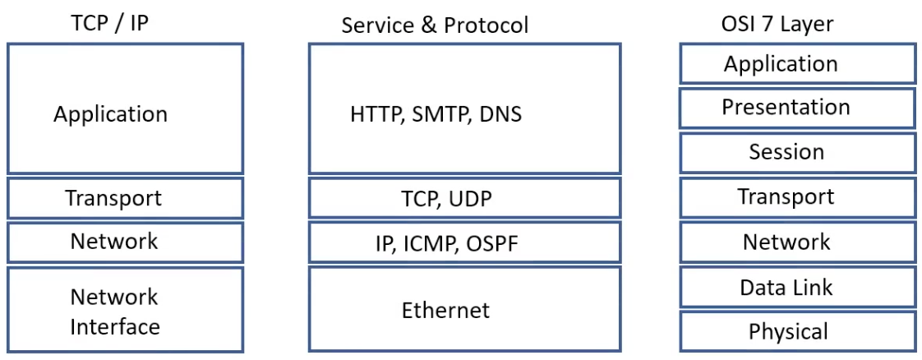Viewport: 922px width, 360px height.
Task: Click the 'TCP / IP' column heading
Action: (x=110, y=23)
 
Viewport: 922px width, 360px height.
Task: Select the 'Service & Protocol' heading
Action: (x=435, y=25)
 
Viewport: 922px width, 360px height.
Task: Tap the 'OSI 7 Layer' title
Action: (x=777, y=24)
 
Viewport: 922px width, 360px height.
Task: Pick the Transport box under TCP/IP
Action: (x=126, y=198)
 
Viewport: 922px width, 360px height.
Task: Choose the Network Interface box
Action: (x=126, y=310)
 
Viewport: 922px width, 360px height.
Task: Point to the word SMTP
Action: (x=438, y=114)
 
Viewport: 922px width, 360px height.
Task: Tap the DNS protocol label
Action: (x=500, y=114)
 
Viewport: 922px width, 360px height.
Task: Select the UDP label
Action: (x=472, y=199)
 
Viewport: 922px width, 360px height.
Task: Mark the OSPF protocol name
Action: (x=491, y=244)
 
